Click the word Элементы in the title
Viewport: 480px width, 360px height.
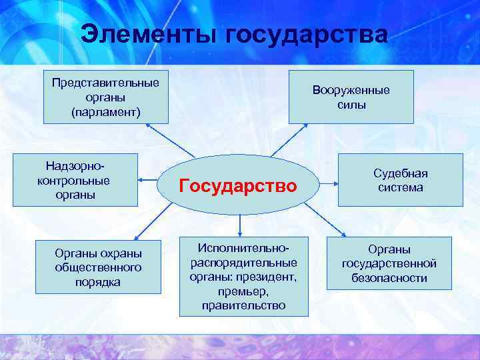[149, 35]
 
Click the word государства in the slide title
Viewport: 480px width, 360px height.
[307, 35]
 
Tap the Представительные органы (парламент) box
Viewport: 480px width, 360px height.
[106, 97]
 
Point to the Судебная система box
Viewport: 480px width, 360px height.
[400, 180]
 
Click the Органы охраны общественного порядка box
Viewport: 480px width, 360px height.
[98, 267]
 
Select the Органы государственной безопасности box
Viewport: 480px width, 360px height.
[389, 263]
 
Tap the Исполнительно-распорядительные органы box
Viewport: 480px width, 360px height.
[243, 276]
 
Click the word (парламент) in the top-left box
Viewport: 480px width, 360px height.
[106, 111]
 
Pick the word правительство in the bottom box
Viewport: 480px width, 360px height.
[243, 305]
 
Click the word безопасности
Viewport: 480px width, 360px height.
[389, 278]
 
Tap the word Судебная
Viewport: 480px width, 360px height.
[400, 173]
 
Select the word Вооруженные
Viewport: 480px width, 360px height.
[351, 90]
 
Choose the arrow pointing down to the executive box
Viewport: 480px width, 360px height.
[240, 223]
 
